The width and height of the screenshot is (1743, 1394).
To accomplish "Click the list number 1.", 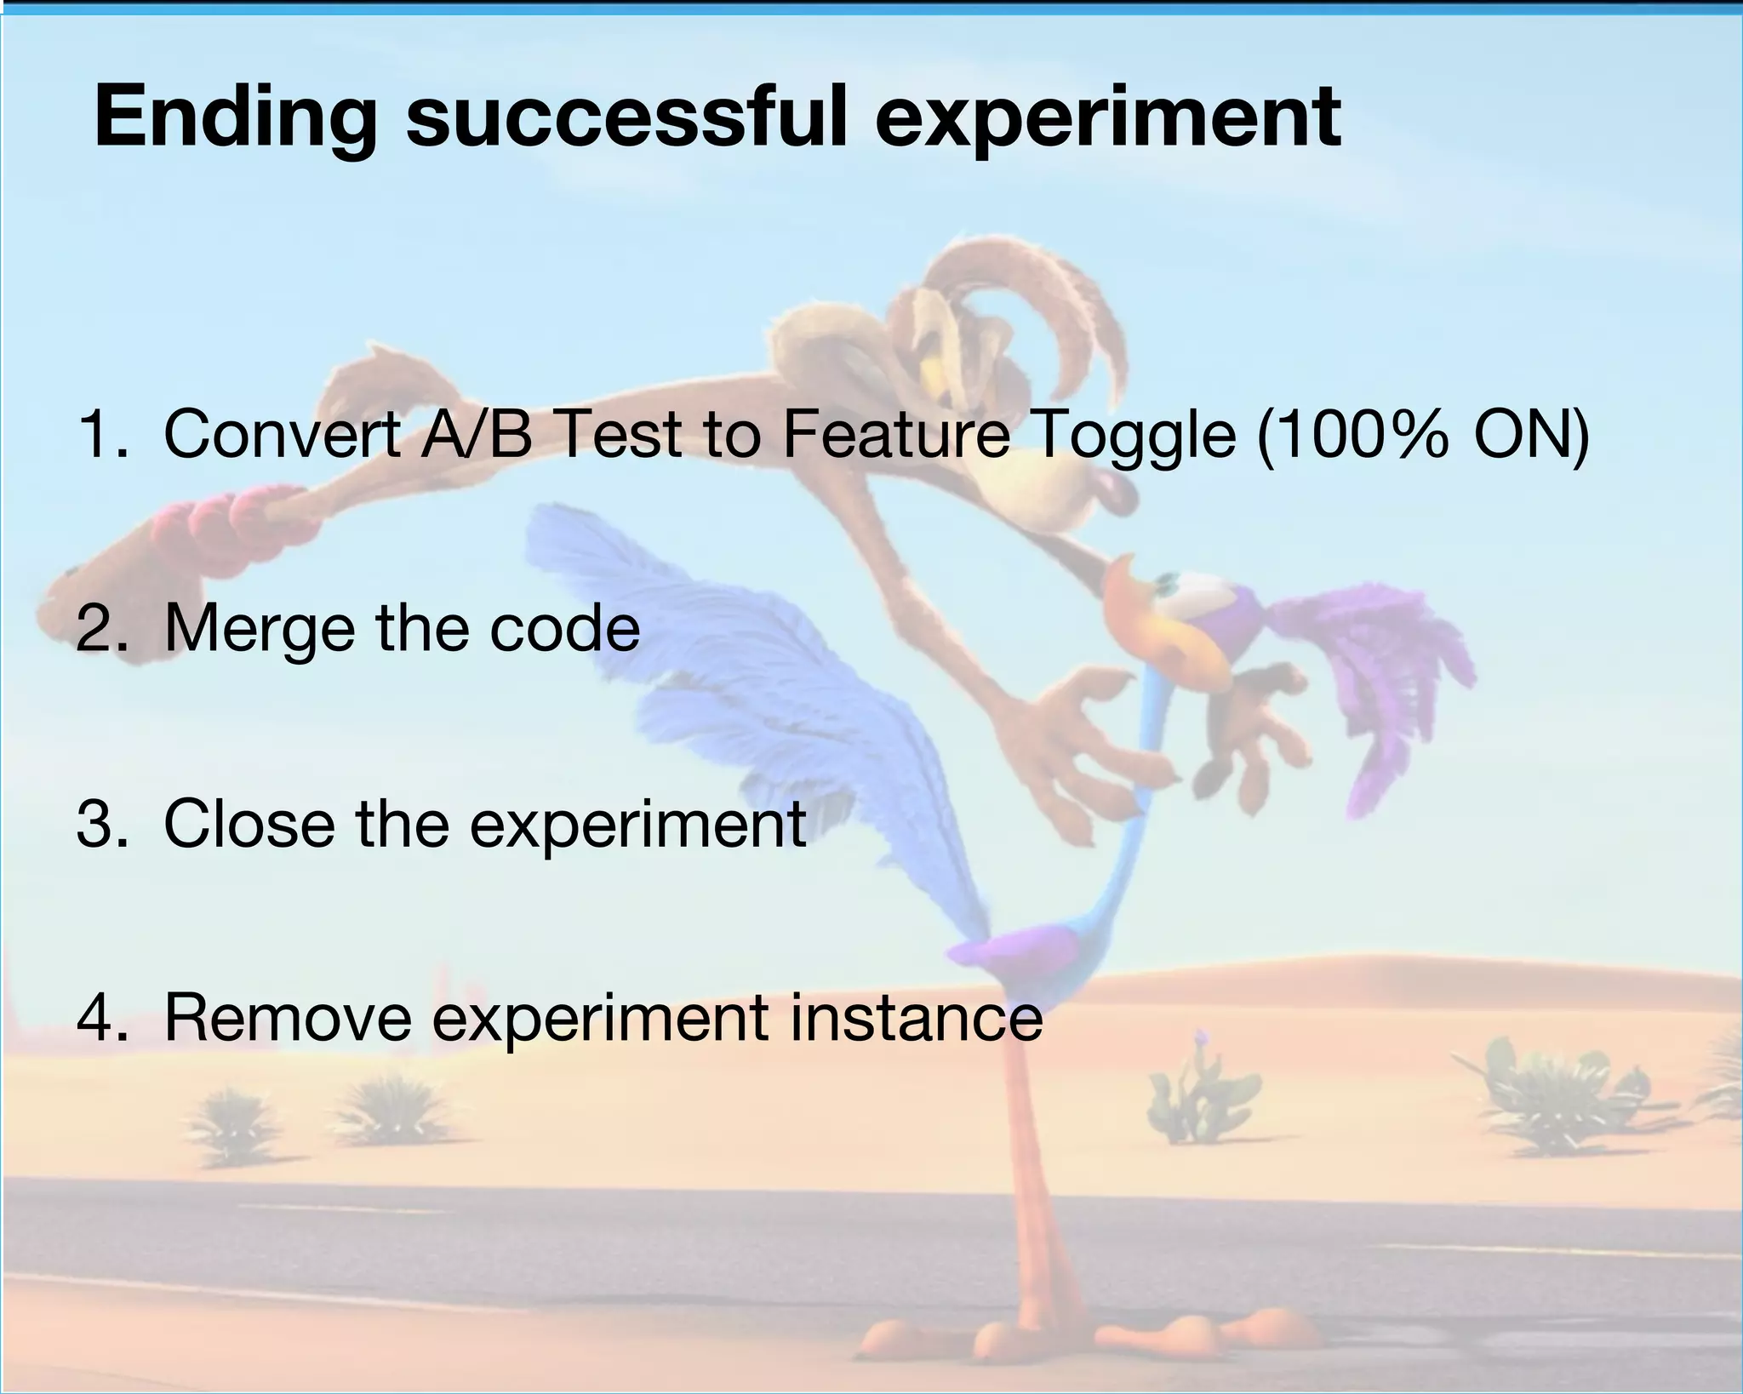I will pyautogui.click(x=101, y=434).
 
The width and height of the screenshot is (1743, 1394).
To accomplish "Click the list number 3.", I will pyautogui.click(x=101, y=824).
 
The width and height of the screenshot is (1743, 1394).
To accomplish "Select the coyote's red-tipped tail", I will pyautogui.click(x=230, y=519).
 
